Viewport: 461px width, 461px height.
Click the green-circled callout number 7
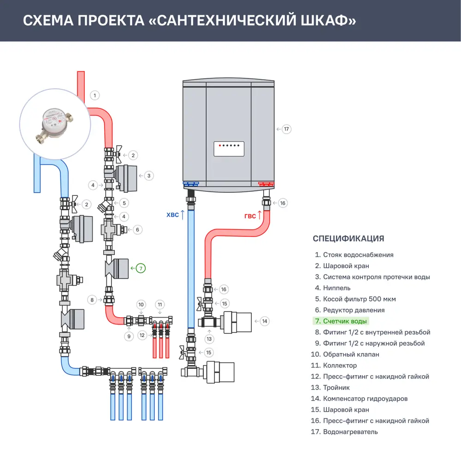click(x=141, y=267)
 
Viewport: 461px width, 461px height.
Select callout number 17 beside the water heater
click(x=286, y=129)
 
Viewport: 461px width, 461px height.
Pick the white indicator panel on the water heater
click(x=229, y=149)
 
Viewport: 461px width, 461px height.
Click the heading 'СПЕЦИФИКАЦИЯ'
click(x=348, y=238)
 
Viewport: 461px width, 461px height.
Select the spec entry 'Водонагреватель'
click(x=350, y=432)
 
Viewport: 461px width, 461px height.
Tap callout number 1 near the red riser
click(x=94, y=95)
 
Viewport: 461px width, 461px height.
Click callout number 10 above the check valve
click(x=142, y=305)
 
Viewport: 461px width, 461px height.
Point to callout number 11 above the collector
click(x=160, y=305)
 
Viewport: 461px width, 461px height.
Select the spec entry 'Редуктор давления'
click(x=354, y=310)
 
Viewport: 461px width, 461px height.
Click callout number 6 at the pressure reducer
click(x=137, y=229)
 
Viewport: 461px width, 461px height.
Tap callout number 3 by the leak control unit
click(x=148, y=176)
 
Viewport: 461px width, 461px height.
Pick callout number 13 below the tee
click(x=210, y=339)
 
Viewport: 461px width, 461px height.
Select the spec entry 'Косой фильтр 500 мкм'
click(x=359, y=299)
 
